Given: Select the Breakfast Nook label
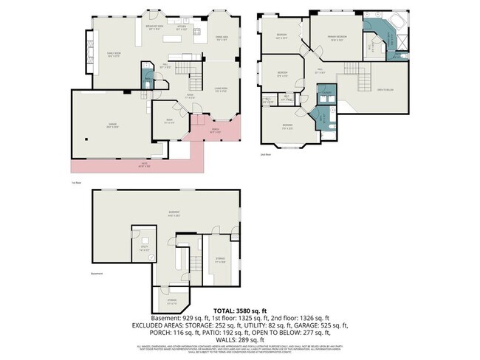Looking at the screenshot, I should [154, 27].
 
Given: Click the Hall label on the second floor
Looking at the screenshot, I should [320, 72].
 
